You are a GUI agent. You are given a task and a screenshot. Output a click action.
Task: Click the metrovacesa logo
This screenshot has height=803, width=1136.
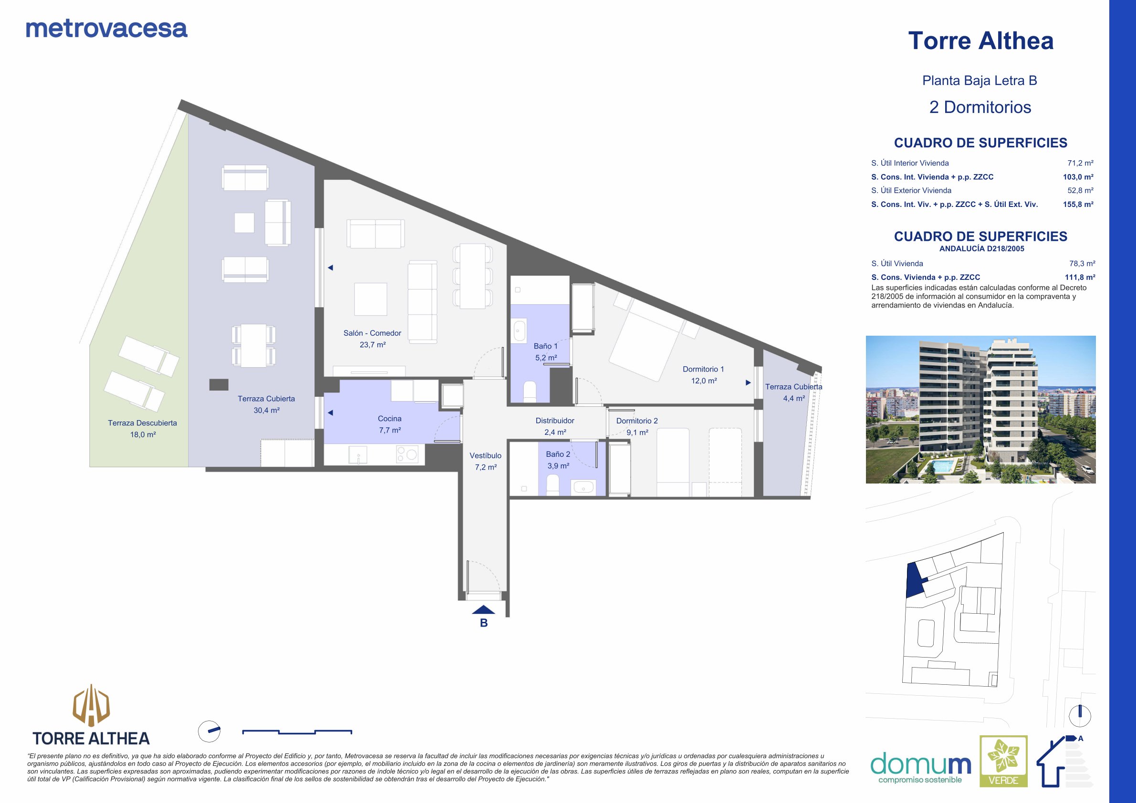pyautogui.click(x=106, y=29)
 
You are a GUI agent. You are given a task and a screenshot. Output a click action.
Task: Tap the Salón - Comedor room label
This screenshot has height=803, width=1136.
pyautogui.click(x=372, y=333)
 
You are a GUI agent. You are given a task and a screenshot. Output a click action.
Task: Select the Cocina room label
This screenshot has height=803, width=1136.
pyautogui.click(x=389, y=419)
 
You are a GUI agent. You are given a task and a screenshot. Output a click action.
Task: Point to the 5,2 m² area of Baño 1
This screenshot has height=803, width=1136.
pyautogui.click(x=546, y=358)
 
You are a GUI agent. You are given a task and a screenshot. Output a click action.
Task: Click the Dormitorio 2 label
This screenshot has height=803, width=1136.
pyautogui.click(x=637, y=421)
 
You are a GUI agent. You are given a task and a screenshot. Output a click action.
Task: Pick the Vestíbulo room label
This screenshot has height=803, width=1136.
pyautogui.click(x=485, y=455)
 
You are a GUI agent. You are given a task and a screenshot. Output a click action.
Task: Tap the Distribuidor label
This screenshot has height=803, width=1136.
pyautogui.click(x=555, y=421)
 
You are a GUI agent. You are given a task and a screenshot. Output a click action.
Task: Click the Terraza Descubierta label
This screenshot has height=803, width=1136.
pyautogui.click(x=143, y=423)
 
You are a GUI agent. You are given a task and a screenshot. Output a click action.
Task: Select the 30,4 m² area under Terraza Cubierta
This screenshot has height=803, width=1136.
pyautogui.click(x=267, y=411)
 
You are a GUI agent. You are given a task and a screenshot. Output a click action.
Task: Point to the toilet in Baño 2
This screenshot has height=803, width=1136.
pyautogui.click(x=552, y=484)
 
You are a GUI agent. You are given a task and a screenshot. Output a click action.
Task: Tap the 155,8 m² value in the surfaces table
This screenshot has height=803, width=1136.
pyautogui.click(x=1078, y=204)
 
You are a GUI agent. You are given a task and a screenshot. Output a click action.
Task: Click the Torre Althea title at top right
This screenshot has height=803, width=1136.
pyautogui.click(x=980, y=41)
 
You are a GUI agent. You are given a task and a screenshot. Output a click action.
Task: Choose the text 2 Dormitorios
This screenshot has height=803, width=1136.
pyautogui.click(x=980, y=107)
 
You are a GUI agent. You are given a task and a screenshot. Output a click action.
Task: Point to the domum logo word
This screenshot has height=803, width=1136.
pyautogui.click(x=920, y=764)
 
